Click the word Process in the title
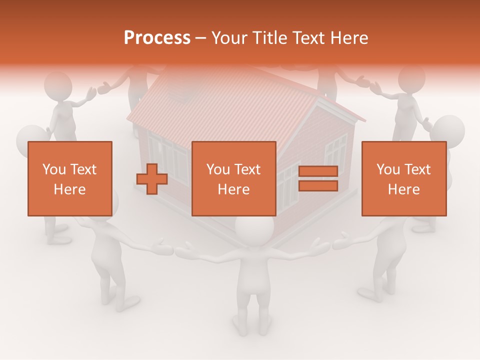point(157,38)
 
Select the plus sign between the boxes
point(152,178)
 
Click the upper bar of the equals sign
point(318,171)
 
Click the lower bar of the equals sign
point(318,185)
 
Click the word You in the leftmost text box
point(54,169)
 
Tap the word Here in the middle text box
point(233,189)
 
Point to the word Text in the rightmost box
point(417,169)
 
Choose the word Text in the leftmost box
point(83,169)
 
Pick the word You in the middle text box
point(218,169)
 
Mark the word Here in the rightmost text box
point(403,189)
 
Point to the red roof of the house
point(220,100)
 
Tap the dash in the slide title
point(200,38)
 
